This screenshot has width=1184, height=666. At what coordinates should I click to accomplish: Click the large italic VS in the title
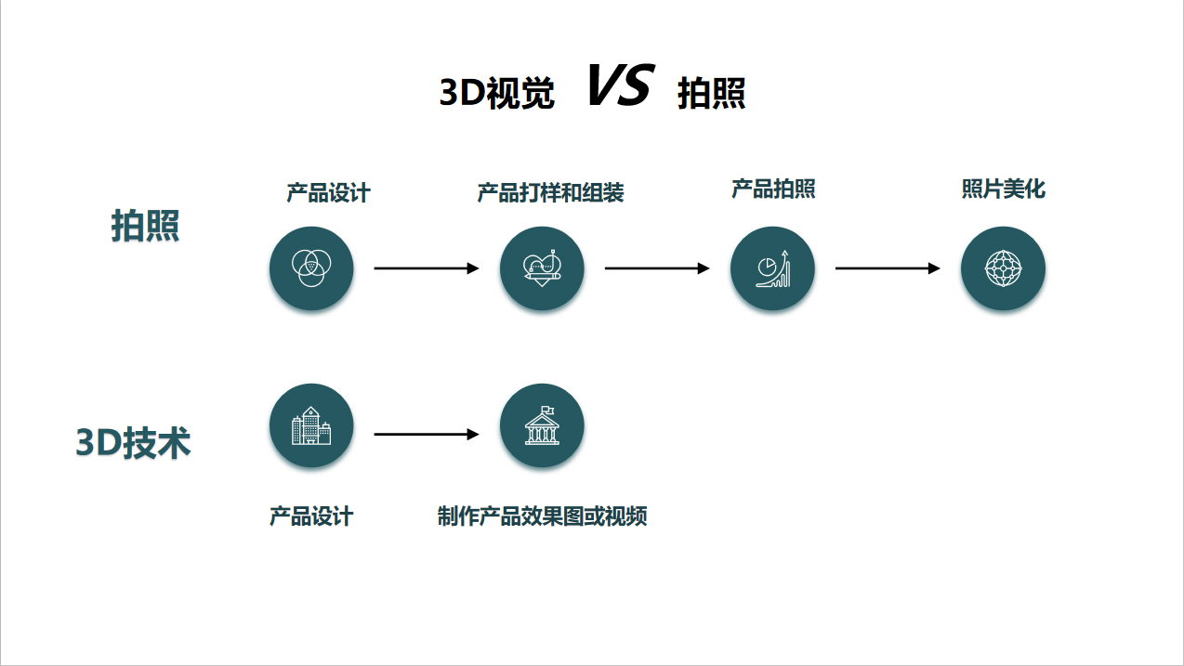[622, 85]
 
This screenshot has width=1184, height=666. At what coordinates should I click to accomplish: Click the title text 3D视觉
[497, 93]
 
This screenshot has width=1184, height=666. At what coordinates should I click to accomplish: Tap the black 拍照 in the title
[712, 93]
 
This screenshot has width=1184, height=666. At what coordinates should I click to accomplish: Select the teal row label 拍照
[145, 226]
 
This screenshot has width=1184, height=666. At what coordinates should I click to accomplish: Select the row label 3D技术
[133, 442]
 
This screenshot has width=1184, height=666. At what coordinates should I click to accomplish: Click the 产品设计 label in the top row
[328, 193]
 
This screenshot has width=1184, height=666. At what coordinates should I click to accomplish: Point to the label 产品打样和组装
[550, 193]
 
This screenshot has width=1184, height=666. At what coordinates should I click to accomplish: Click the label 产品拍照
[773, 189]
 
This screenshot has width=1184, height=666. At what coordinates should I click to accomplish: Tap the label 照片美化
[1003, 189]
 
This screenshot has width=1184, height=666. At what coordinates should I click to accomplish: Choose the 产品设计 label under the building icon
[311, 516]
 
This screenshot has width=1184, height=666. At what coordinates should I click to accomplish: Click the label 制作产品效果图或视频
[543, 516]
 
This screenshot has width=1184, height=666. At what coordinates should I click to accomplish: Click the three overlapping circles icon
[311, 268]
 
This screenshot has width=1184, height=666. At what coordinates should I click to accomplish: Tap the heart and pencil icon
[543, 268]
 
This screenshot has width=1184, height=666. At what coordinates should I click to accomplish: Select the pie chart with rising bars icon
[773, 268]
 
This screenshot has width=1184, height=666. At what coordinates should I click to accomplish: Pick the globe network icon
[1003, 268]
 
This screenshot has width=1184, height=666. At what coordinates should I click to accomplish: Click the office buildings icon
[311, 425]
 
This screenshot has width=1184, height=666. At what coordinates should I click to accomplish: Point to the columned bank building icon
[543, 425]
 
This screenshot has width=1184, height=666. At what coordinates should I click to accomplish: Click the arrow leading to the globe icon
[888, 268]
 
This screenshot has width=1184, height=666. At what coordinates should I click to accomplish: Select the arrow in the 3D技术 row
[427, 434]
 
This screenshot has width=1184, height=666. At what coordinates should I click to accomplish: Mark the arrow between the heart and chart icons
[657, 268]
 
